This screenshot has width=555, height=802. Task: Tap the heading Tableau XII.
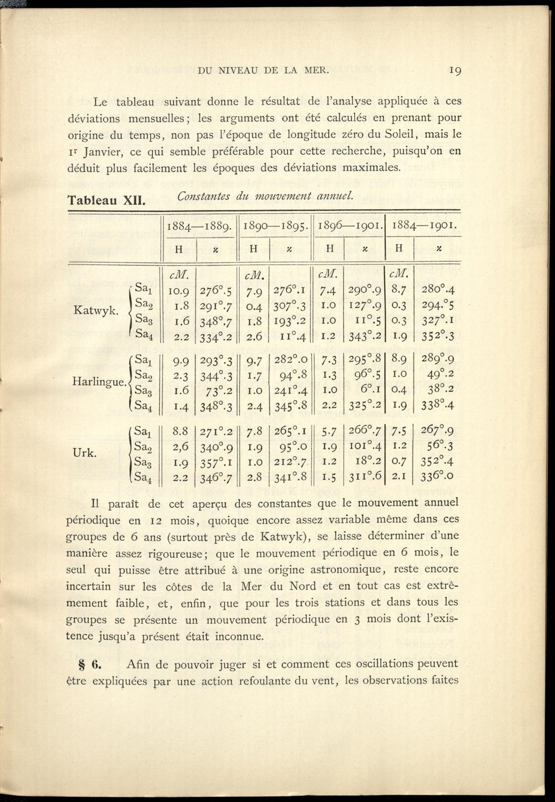click(106, 200)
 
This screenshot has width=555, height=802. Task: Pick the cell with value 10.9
click(178, 290)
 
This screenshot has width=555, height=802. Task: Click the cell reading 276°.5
click(215, 290)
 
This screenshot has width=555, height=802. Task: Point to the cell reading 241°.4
click(291, 390)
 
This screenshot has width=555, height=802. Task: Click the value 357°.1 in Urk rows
click(215, 461)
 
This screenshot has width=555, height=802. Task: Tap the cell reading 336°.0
click(438, 476)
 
